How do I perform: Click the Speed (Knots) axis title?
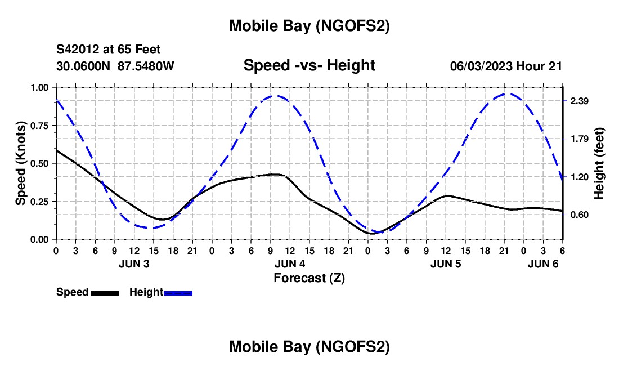click(x=21, y=163)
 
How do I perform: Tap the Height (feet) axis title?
click(x=599, y=163)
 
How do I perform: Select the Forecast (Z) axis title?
click(x=309, y=278)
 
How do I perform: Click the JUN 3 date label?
click(x=134, y=264)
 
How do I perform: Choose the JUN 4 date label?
click(x=290, y=264)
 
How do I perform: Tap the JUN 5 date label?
click(x=446, y=264)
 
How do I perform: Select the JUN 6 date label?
click(x=543, y=264)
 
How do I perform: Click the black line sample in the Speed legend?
click(x=105, y=293)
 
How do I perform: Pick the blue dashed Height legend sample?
click(x=178, y=293)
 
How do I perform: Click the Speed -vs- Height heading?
click(x=309, y=65)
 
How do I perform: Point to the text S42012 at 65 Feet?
click(x=109, y=50)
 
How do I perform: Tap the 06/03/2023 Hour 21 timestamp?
click(x=506, y=66)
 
